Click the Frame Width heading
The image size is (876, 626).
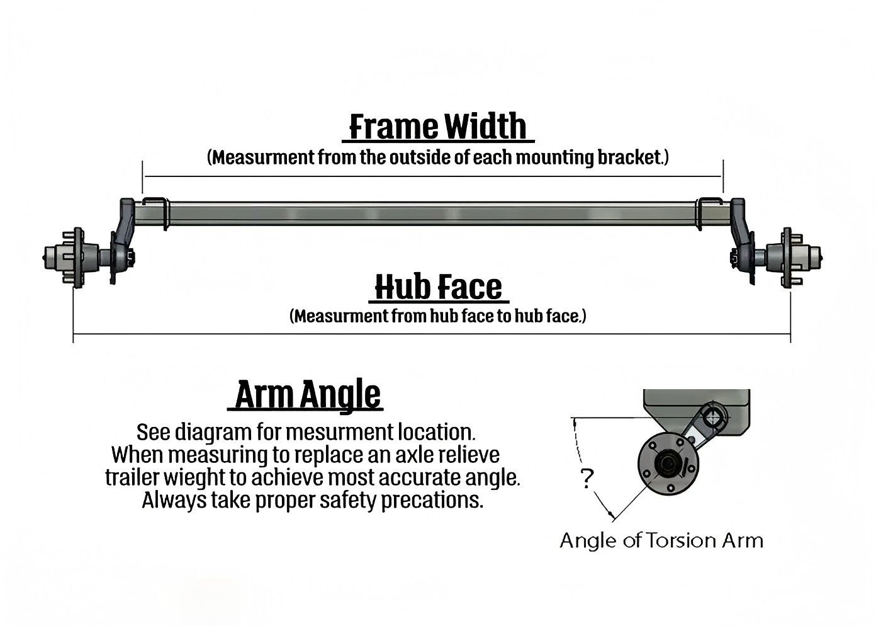438,126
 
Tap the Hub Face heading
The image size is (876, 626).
438,287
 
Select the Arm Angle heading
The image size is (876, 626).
308,396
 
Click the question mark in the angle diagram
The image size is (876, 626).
587,480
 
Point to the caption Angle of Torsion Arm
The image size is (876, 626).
661,540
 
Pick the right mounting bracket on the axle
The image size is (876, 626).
710,214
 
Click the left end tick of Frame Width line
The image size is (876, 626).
143,176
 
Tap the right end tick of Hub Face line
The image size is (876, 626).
790,334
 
